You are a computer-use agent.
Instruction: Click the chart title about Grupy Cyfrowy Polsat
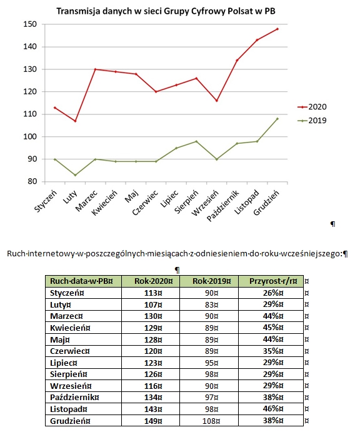click(166, 11)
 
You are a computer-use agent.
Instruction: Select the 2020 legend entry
click(312, 107)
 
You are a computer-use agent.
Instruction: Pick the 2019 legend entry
click(312, 121)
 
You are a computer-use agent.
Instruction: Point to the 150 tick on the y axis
click(30, 24)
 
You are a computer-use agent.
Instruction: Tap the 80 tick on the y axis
click(32, 181)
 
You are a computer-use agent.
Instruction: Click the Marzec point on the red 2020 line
click(95, 69)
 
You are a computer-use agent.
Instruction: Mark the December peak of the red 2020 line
click(277, 29)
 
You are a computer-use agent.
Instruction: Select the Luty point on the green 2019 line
click(75, 175)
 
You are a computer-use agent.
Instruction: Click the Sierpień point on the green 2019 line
click(196, 141)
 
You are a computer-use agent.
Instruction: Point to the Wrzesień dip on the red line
click(217, 101)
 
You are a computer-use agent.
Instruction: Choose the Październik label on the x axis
click(223, 206)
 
